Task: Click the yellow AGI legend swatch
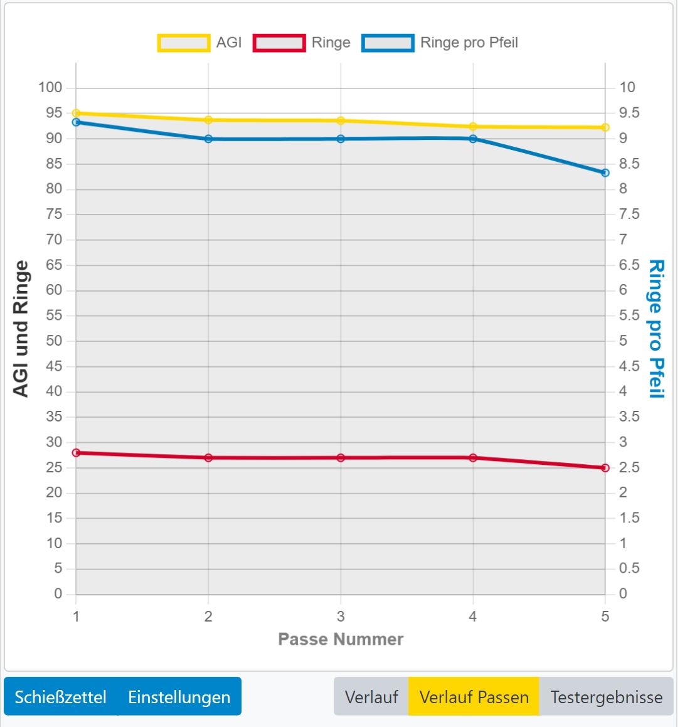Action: coord(183,43)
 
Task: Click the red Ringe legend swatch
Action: coord(279,43)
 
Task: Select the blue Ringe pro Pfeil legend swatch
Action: coord(388,43)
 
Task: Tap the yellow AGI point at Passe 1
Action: coord(76,114)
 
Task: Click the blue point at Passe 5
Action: coord(605,172)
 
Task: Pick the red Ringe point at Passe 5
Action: coord(605,468)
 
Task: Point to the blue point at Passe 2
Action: coord(208,139)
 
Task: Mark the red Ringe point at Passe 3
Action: coord(341,458)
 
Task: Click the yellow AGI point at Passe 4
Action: coord(473,127)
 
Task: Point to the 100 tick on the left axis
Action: coord(50,88)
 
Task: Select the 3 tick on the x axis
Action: coord(341,617)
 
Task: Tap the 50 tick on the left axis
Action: coord(54,341)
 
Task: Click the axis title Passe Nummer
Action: coord(341,639)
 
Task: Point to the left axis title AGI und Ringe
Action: coord(21,329)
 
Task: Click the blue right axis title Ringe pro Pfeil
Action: coord(656,329)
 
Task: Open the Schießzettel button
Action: coord(60,697)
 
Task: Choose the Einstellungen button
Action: coord(179,697)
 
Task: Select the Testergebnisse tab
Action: coord(606,697)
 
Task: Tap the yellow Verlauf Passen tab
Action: coord(474,697)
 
